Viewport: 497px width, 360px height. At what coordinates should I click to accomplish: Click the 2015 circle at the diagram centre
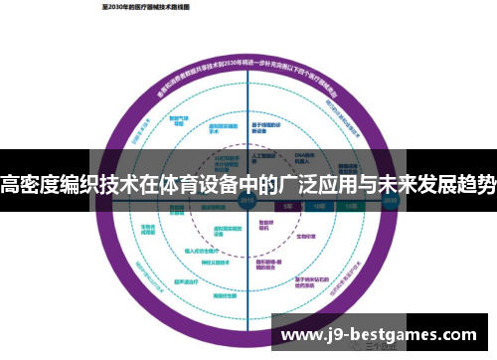[x=246, y=198]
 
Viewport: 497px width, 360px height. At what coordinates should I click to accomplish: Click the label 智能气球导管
[x=178, y=112]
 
